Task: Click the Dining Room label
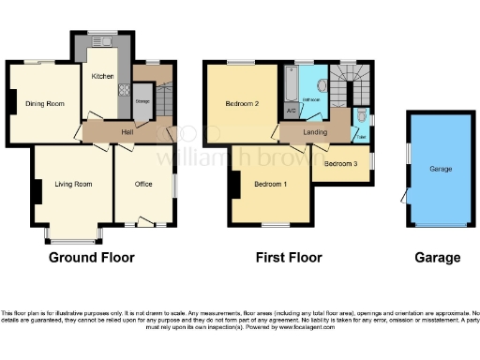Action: pyautogui.click(x=44, y=103)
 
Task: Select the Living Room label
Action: pyautogui.click(x=72, y=184)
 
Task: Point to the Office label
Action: pyautogui.click(x=142, y=184)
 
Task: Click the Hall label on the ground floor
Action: pyautogui.click(x=127, y=132)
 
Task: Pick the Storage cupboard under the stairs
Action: pyautogui.click(x=142, y=101)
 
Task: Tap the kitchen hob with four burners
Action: pyautogui.click(x=123, y=92)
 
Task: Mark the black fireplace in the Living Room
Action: pyautogui.click(x=37, y=191)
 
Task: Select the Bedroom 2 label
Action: pyautogui.click(x=242, y=104)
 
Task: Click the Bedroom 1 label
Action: pyautogui.click(x=270, y=184)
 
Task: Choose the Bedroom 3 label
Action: pyautogui.click(x=340, y=164)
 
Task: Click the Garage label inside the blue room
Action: pyautogui.click(x=441, y=170)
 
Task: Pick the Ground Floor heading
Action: pyautogui.click(x=91, y=257)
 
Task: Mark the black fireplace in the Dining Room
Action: pyautogui.click(x=11, y=100)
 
